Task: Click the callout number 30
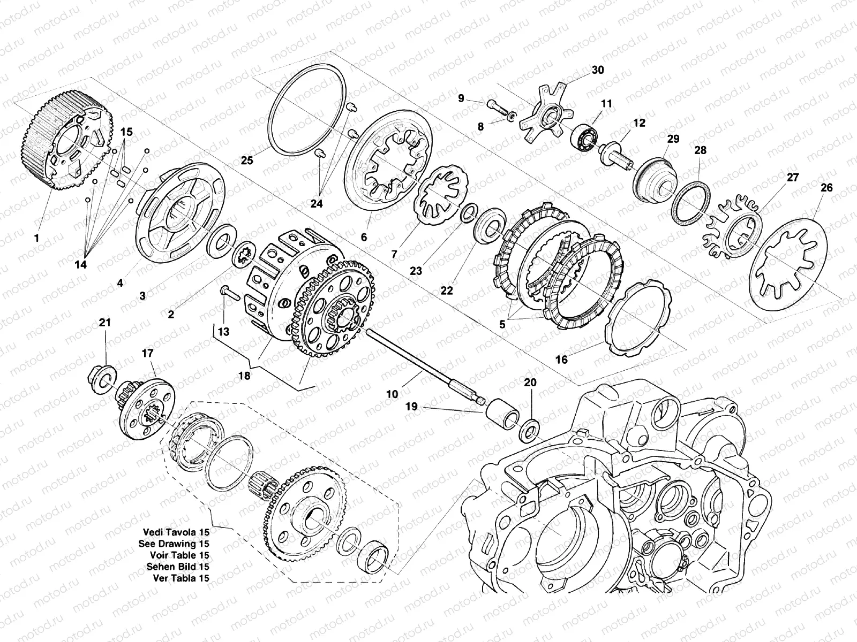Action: [597, 70]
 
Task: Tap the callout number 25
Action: [246, 160]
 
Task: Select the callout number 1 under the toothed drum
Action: [36, 238]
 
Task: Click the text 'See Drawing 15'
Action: [172, 544]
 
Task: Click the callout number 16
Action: [561, 360]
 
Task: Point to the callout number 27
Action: [792, 177]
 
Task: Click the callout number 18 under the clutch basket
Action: [244, 376]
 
